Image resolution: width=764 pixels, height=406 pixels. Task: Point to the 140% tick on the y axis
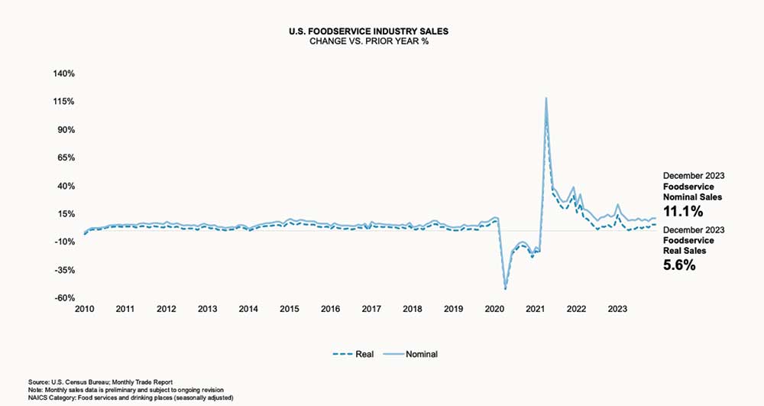click(x=63, y=73)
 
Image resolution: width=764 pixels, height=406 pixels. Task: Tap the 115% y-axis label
click(x=64, y=102)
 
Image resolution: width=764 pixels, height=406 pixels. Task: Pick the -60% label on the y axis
click(x=65, y=298)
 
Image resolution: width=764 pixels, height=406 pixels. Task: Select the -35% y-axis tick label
click(x=65, y=270)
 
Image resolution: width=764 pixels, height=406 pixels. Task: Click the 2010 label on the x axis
click(x=84, y=310)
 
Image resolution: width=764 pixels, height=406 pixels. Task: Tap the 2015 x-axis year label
click(x=289, y=310)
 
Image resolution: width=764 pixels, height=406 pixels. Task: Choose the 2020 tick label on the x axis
click(x=494, y=310)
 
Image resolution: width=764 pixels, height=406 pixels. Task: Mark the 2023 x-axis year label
click(x=617, y=310)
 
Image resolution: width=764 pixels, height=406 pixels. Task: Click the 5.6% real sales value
click(x=679, y=265)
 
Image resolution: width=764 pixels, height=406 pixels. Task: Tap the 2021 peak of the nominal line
click(x=546, y=98)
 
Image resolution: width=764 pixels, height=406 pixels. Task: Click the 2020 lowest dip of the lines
click(x=505, y=288)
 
